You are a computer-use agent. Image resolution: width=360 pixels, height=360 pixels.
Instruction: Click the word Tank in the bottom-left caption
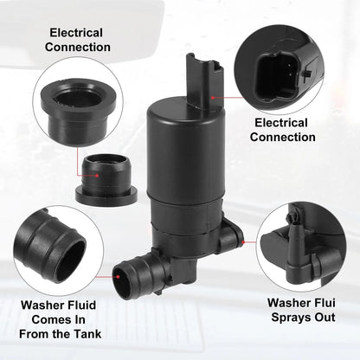point(87,334)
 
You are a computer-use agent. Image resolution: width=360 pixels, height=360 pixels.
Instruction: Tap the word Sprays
point(291,318)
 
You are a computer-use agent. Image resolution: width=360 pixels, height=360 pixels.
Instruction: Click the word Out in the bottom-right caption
point(325,318)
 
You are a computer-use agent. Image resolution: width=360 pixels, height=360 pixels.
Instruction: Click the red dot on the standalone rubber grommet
point(97,176)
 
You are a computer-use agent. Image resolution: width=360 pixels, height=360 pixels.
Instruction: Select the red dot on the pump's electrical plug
point(213,98)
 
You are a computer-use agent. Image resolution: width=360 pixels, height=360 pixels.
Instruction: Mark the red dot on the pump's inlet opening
point(119,277)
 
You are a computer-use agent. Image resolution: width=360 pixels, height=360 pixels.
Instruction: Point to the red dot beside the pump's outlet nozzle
point(243,242)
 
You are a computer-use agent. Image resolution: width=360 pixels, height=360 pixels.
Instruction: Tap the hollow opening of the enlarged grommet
point(78,97)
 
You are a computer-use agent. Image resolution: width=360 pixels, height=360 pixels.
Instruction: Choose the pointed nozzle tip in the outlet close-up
point(292,215)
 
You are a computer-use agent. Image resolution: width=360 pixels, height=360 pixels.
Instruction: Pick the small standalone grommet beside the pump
point(106,177)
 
